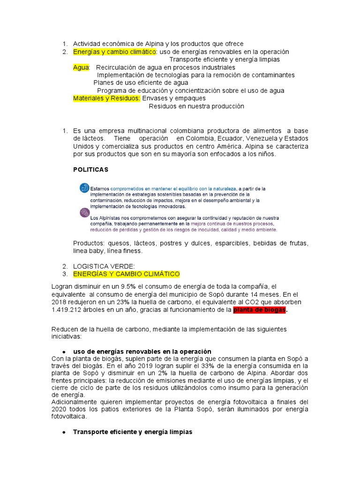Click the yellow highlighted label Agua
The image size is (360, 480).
[x=81, y=67]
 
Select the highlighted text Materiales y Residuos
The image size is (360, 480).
[x=107, y=98]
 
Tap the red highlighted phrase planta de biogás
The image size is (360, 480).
[x=259, y=310]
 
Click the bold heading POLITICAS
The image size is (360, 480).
[x=91, y=169]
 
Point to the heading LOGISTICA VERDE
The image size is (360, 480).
[x=104, y=266]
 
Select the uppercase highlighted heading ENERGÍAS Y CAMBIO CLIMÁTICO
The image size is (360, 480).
[x=127, y=274]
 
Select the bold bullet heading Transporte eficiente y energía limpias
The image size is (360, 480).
[x=133, y=432]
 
